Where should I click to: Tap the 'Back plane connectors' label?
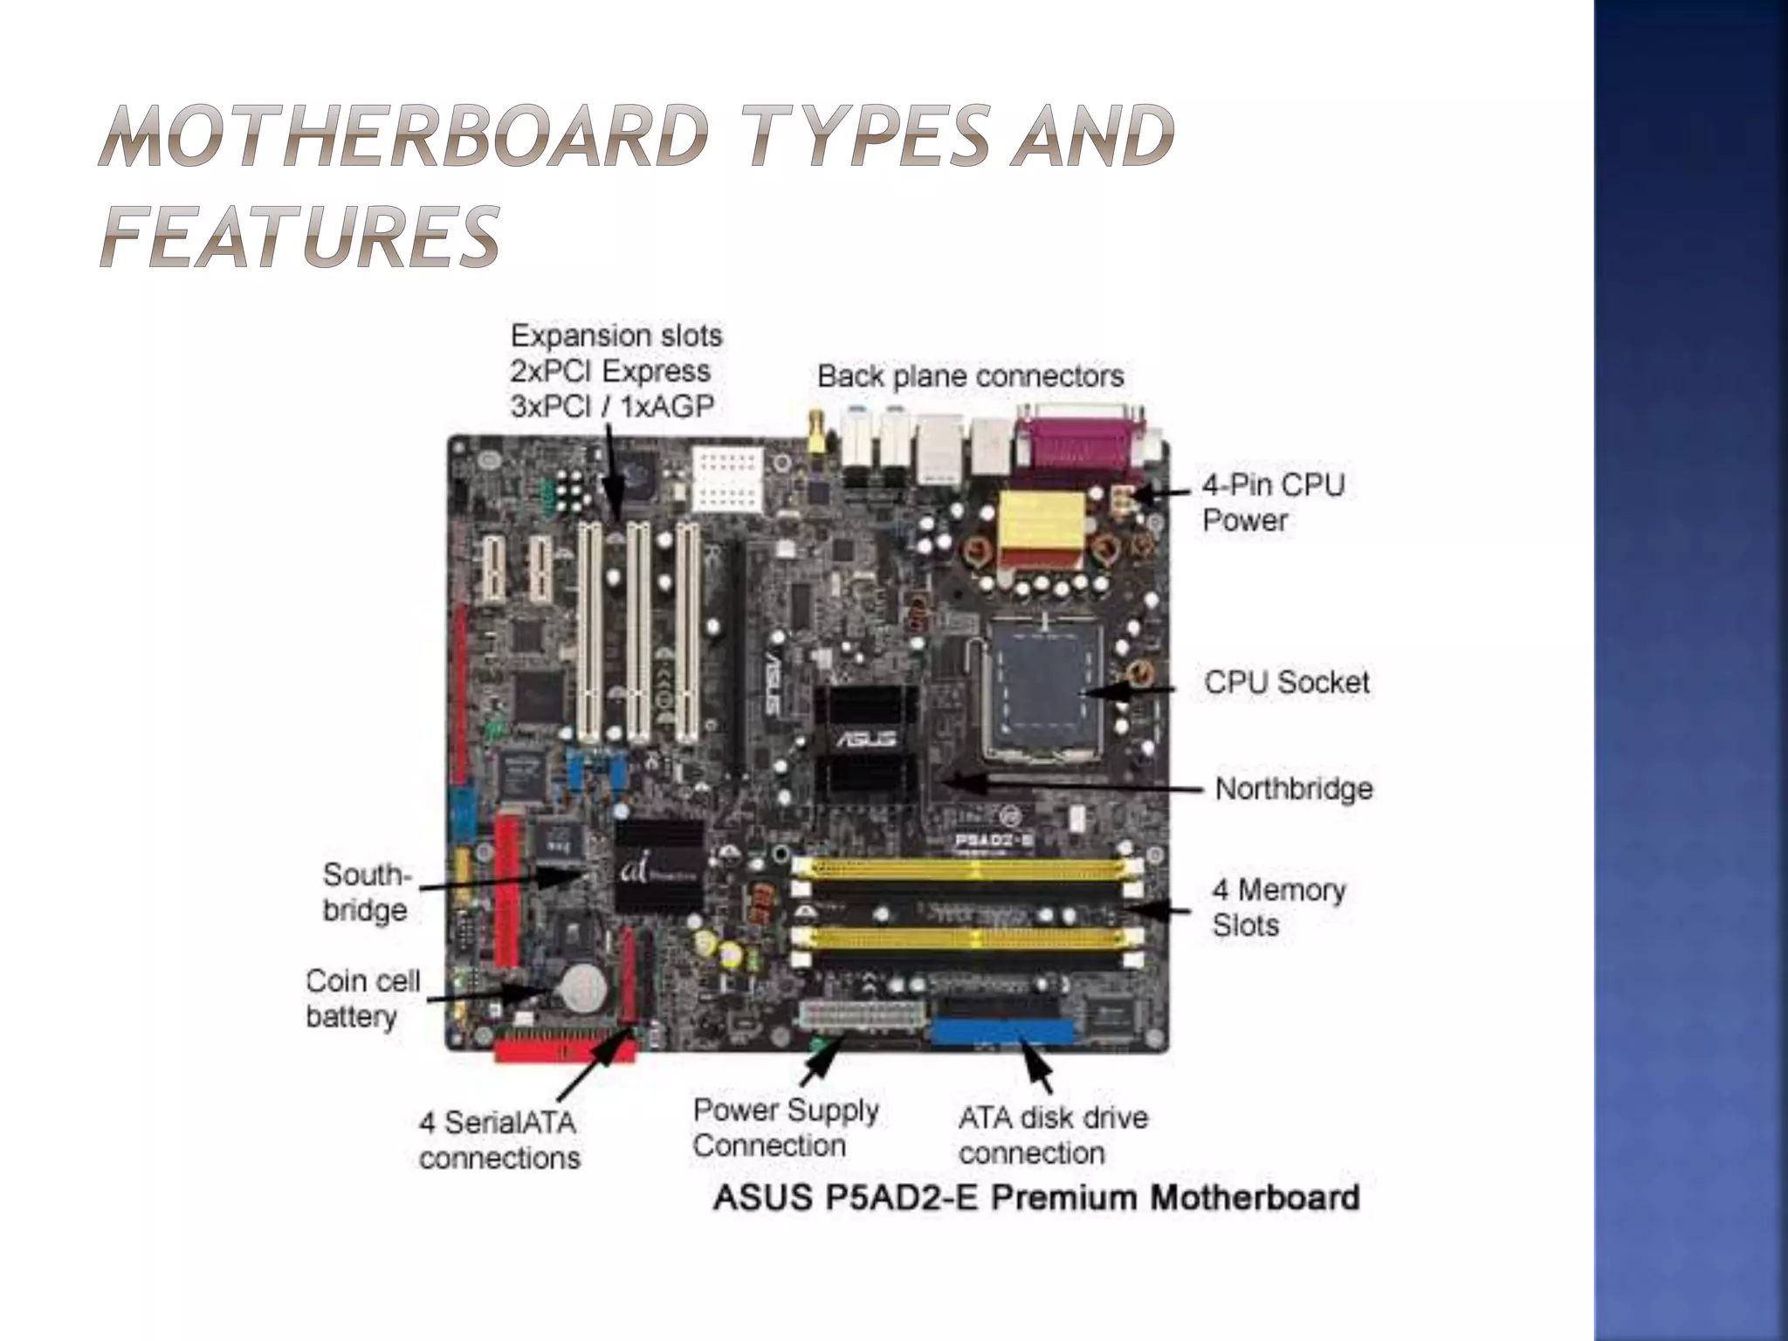tap(970, 377)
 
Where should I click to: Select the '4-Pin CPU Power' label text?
tap(1272, 503)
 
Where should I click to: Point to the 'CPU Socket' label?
tap(1286, 683)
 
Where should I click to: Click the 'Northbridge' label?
tap(1293, 789)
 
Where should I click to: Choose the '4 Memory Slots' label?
tap(1278, 907)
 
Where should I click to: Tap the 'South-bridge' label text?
tap(366, 891)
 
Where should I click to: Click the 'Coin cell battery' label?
tap(361, 998)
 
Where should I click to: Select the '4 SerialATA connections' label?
tap(499, 1140)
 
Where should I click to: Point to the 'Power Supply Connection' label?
tap(785, 1127)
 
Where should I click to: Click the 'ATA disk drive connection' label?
tap(1052, 1135)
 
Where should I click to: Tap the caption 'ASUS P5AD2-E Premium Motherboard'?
tap(1035, 1197)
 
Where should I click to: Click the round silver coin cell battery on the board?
tap(582, 987)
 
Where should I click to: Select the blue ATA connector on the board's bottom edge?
tap(1002, 1032)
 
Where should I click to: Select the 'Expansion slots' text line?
tap(616, 336)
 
